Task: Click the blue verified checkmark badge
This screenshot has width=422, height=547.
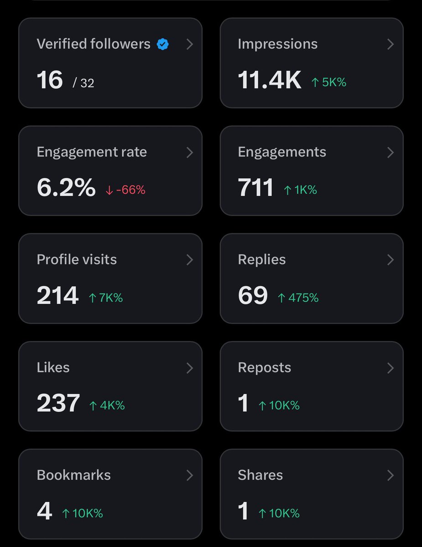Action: coord(162,44)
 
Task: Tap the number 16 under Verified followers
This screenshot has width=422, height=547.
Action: coord(50,80)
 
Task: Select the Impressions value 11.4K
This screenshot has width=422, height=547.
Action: coord(270,80)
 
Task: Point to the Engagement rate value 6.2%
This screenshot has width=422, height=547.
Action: coord(66,188)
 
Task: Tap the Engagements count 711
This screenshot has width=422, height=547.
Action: coord(255,188)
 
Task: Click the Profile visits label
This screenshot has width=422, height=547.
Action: coord(77,259)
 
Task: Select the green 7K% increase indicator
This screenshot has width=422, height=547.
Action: coord(105,298)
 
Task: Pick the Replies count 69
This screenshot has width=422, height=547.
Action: coord(253,296)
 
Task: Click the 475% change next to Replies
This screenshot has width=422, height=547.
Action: coord(298,298)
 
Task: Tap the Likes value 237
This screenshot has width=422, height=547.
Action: coord(58,403)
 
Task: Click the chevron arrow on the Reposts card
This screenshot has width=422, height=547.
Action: coord(391,368)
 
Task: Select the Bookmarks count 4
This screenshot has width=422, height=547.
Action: coord(45,511)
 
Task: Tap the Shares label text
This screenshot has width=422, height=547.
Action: coord(260,475)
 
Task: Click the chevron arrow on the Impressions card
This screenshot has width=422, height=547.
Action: coord(391,44)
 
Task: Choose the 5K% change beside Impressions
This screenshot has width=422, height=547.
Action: coord(328,82)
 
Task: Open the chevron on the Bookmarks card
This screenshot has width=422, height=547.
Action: coord(189,475)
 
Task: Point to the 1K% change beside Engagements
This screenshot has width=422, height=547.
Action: coord(300,190)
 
